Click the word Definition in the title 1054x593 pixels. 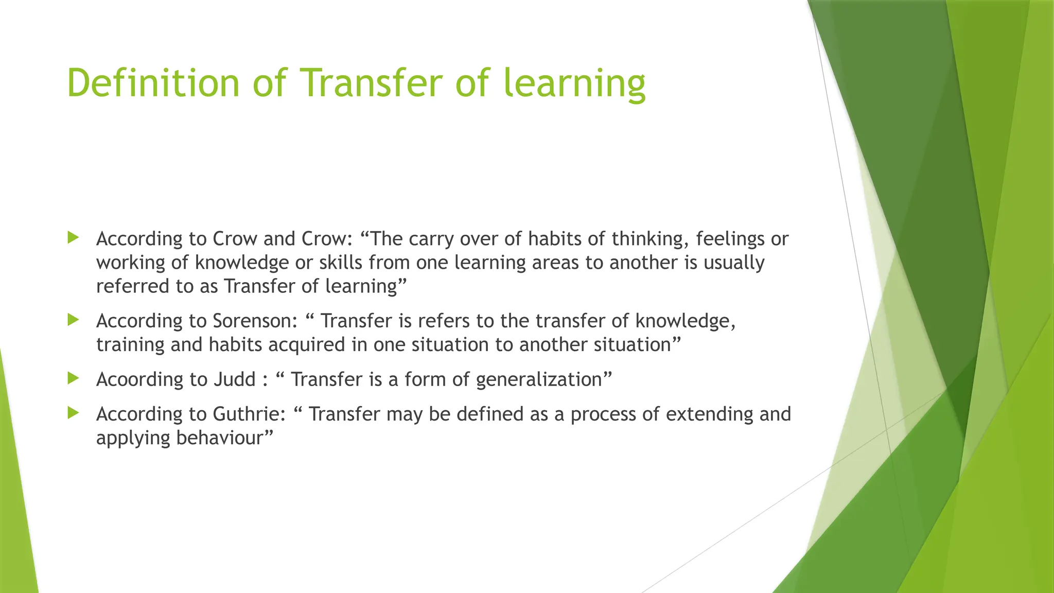153,83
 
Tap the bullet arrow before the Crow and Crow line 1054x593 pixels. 73,238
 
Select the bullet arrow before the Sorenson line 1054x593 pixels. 73,320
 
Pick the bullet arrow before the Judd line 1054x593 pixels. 73,379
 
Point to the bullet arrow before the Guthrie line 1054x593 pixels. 73,413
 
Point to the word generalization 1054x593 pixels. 539,380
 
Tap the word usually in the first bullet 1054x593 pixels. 734,263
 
